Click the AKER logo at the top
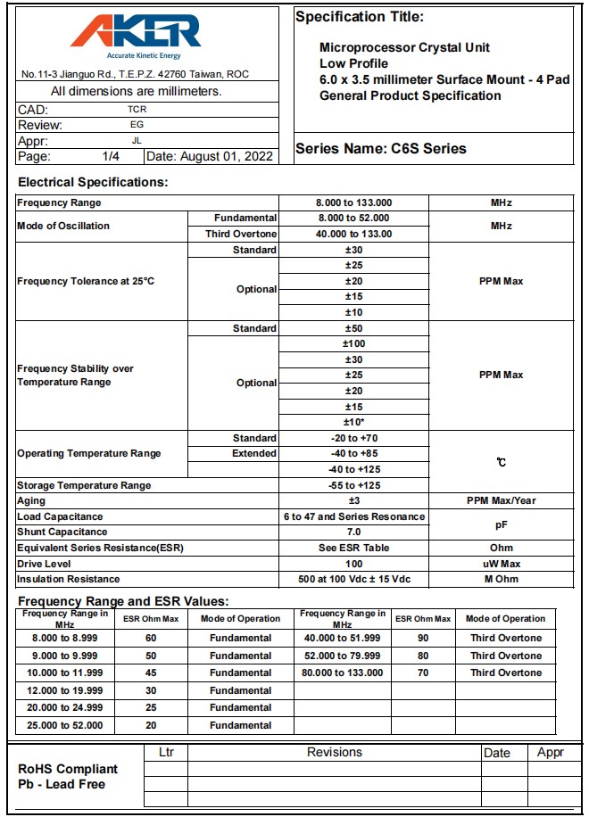[136, 33]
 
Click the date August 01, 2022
[209, 156]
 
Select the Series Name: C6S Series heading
[381, 149]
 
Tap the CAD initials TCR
[137, 109]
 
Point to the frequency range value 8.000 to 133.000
[354, 202]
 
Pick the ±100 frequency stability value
[354, 343]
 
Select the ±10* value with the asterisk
[354, 422]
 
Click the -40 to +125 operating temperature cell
[354, 469]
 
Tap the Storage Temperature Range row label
[84, 485]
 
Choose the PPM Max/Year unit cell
[501, 500]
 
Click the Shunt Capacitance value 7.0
[354, 532]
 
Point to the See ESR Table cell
[354, 548]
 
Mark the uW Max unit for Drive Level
[501, 564]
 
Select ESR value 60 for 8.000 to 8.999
[151, 638]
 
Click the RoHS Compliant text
[68, 769]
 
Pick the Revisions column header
[335, 753]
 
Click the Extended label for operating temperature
[254, 453]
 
